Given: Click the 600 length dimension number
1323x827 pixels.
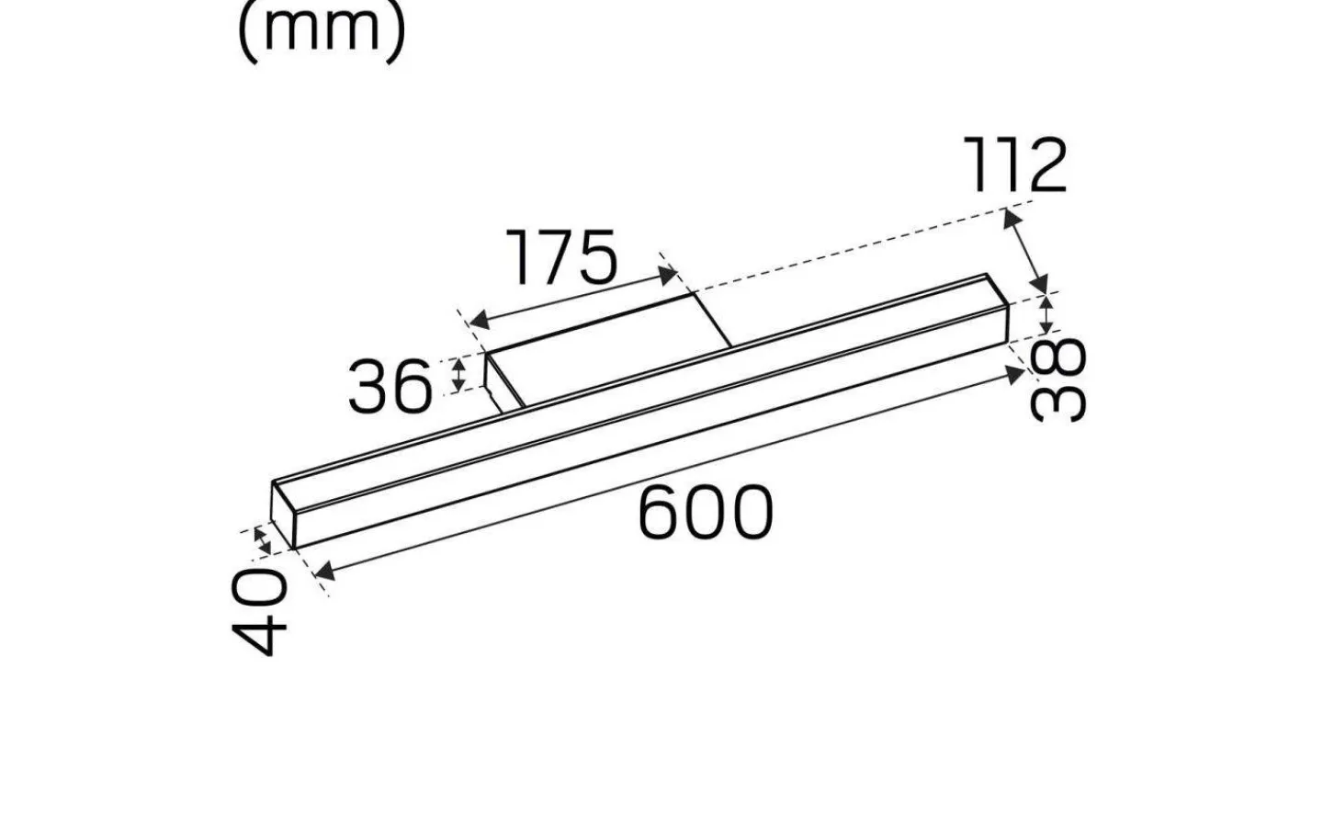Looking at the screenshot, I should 706,513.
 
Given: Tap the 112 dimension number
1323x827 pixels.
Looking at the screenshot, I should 1014,165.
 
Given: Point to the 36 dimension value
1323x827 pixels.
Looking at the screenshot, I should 390,386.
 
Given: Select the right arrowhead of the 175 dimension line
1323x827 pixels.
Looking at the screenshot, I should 668,273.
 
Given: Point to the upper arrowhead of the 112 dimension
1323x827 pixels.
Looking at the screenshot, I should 1012,220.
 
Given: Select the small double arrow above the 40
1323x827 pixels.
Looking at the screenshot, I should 264,539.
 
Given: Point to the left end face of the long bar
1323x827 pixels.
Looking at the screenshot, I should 284,514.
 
